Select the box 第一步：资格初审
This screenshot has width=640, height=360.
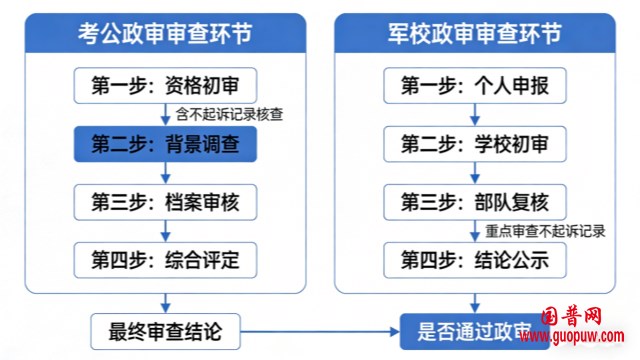[165, 85]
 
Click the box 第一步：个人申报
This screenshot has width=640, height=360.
[475, 85]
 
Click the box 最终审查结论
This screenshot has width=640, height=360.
[165, 327]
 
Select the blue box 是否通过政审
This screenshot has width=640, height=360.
[470, 327]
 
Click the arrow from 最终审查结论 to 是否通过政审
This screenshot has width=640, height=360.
[320, 327]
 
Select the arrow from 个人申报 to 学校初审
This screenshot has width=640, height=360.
[475, 114]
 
